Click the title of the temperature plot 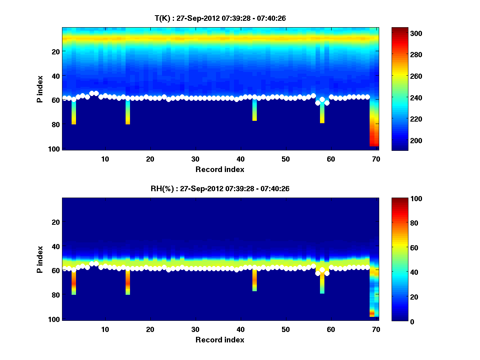pyautogui.click(x=220, y=18)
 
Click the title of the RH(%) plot pyautogui.click(x=220, y=188)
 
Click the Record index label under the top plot pyautogui.click(x=220, y=169)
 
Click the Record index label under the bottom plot pyautogui.click(x=220, y=340)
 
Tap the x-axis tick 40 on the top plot pyautogui.click(x=240, y=159)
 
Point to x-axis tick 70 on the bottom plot pyautogui.click(x=376, y=329)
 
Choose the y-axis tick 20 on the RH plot pyautogui.click(x=56, y=222)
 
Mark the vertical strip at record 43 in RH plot pyautogui.click(x=254, y=280)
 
